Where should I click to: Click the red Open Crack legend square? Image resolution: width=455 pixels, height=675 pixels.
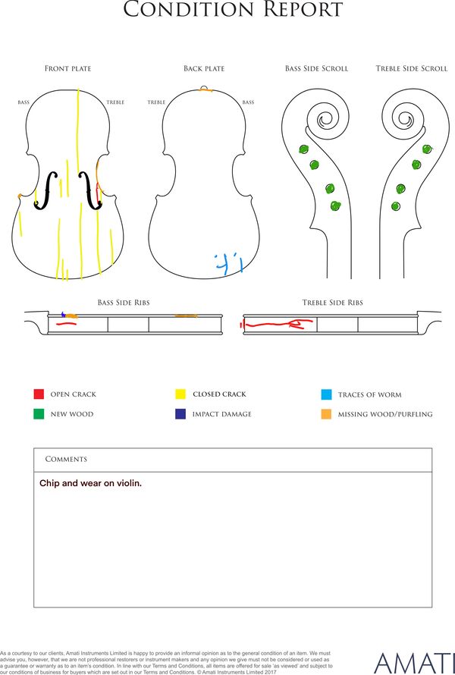click(x=39, y=394)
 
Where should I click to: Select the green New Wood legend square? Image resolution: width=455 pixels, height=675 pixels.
click(x=39, y=413)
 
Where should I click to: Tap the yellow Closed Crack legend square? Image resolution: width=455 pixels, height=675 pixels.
click(x=180, y=394)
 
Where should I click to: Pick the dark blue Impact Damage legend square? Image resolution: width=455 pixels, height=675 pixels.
click(x=180, y=413)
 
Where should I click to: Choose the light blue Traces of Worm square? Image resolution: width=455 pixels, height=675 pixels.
click(x=326, y=394)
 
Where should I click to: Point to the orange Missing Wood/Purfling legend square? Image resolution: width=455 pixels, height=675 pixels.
click(x=326, y=414)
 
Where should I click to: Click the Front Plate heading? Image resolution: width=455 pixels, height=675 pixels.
click(x=68, y=68)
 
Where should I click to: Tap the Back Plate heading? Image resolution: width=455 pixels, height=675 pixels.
click(x=204, y=68)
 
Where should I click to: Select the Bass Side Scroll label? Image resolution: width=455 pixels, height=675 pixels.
click(x=316, y=68)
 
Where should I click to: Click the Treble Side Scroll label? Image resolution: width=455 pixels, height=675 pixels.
click(x=412, y=68)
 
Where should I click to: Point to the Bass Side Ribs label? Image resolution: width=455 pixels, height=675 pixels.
click(x=124, y=303)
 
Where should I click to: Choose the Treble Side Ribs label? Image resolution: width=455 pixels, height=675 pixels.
click(x=332, y=303)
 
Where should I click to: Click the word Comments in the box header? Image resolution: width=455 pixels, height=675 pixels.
click(x=66, y=460)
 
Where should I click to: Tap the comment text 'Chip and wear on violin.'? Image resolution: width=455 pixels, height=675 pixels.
click(x=90, y=483)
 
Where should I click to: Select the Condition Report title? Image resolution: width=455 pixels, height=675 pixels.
click(x=233, y=9)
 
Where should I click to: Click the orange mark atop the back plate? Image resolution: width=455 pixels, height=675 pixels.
click(x=206, y=90)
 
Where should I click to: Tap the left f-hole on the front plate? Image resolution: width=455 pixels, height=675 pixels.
click(x=46, y=190)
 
